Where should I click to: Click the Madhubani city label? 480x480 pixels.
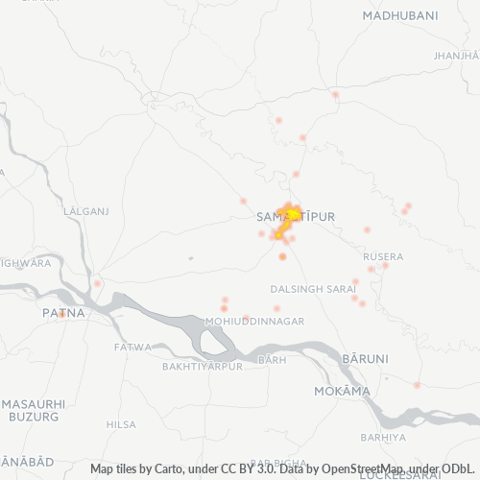coord(400,16)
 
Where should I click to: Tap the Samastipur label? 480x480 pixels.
coord(297,218)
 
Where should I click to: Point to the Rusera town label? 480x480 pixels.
coord(383,257)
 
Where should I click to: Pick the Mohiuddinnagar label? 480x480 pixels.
coord(254,321)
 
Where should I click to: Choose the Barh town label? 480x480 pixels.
coord(272,360)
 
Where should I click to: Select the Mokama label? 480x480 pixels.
coord(342,392)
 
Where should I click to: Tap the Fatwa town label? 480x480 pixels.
coord(132,348)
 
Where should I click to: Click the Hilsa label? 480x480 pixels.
coord(121,424)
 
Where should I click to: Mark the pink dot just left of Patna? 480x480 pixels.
coord(97,283)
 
